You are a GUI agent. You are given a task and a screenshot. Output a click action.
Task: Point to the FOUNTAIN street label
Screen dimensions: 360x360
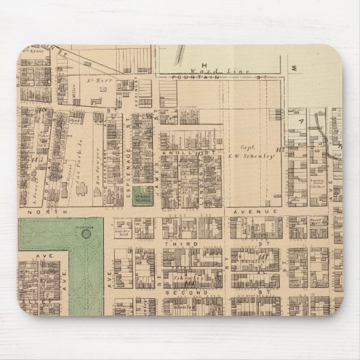tap(191, 78)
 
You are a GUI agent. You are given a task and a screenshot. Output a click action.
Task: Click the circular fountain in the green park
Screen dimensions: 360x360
tap(86, 234)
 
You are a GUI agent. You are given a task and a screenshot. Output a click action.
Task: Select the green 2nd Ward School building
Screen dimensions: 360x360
tap(143, 195)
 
